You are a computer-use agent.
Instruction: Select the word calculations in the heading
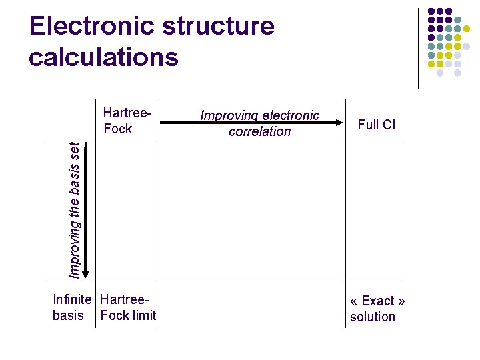(103, 57)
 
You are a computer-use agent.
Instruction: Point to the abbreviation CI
(389, 125)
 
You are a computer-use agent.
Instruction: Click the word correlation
(260, 131)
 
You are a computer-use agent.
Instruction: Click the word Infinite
(74, 301)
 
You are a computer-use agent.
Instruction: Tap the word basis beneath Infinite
(68, 316)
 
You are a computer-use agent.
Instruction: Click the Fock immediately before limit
(114, 316)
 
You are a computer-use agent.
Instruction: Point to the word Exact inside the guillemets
(377, 301)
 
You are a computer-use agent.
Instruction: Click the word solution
(373, 317)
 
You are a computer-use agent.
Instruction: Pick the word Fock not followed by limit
(118, 129)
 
